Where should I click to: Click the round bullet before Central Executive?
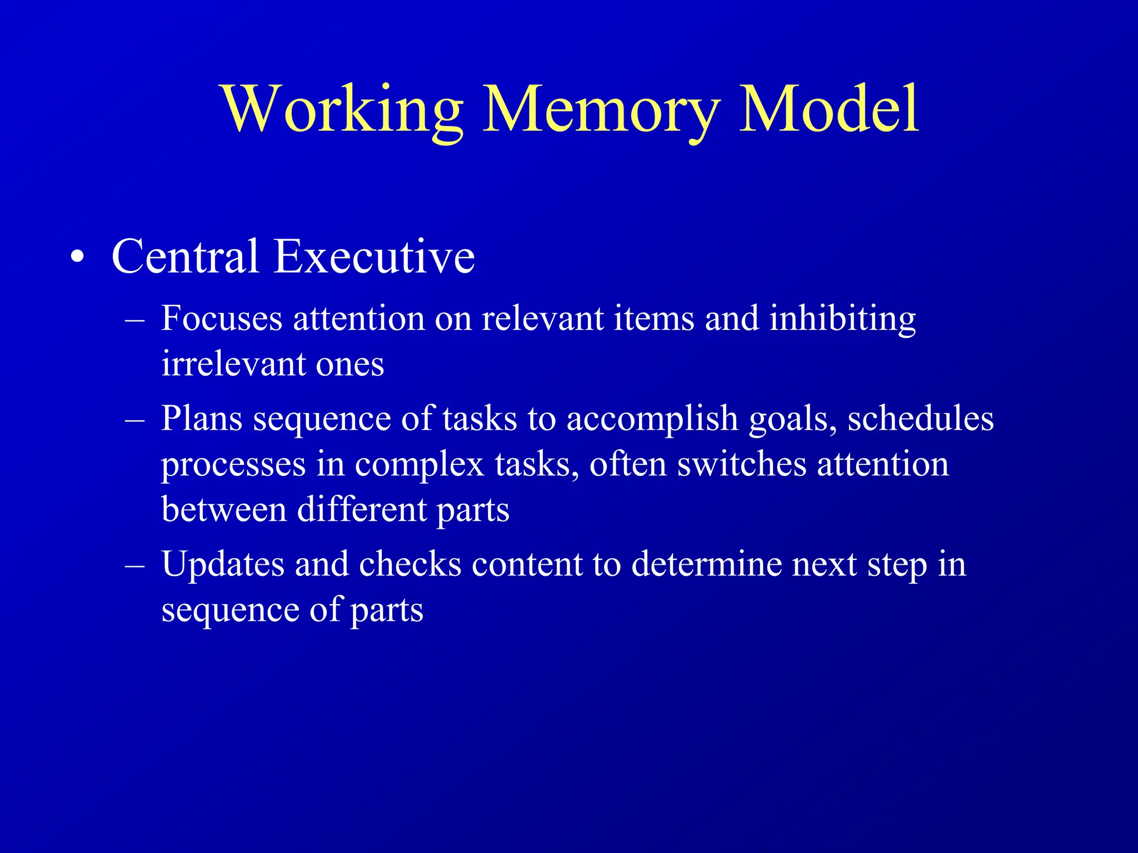(78, 257)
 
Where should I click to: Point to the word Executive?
(374, 257)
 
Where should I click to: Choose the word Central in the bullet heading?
(186, 257)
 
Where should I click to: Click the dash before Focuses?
(135, 320)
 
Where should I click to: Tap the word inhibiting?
(842, 320)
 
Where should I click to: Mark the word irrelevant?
(233, 365)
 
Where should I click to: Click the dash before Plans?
(135, 419)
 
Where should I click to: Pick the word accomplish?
(652, 419)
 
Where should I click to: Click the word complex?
(419, 465)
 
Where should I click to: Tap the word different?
(361, 509)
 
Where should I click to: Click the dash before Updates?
(135, 565)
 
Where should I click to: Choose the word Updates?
(222, 565)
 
